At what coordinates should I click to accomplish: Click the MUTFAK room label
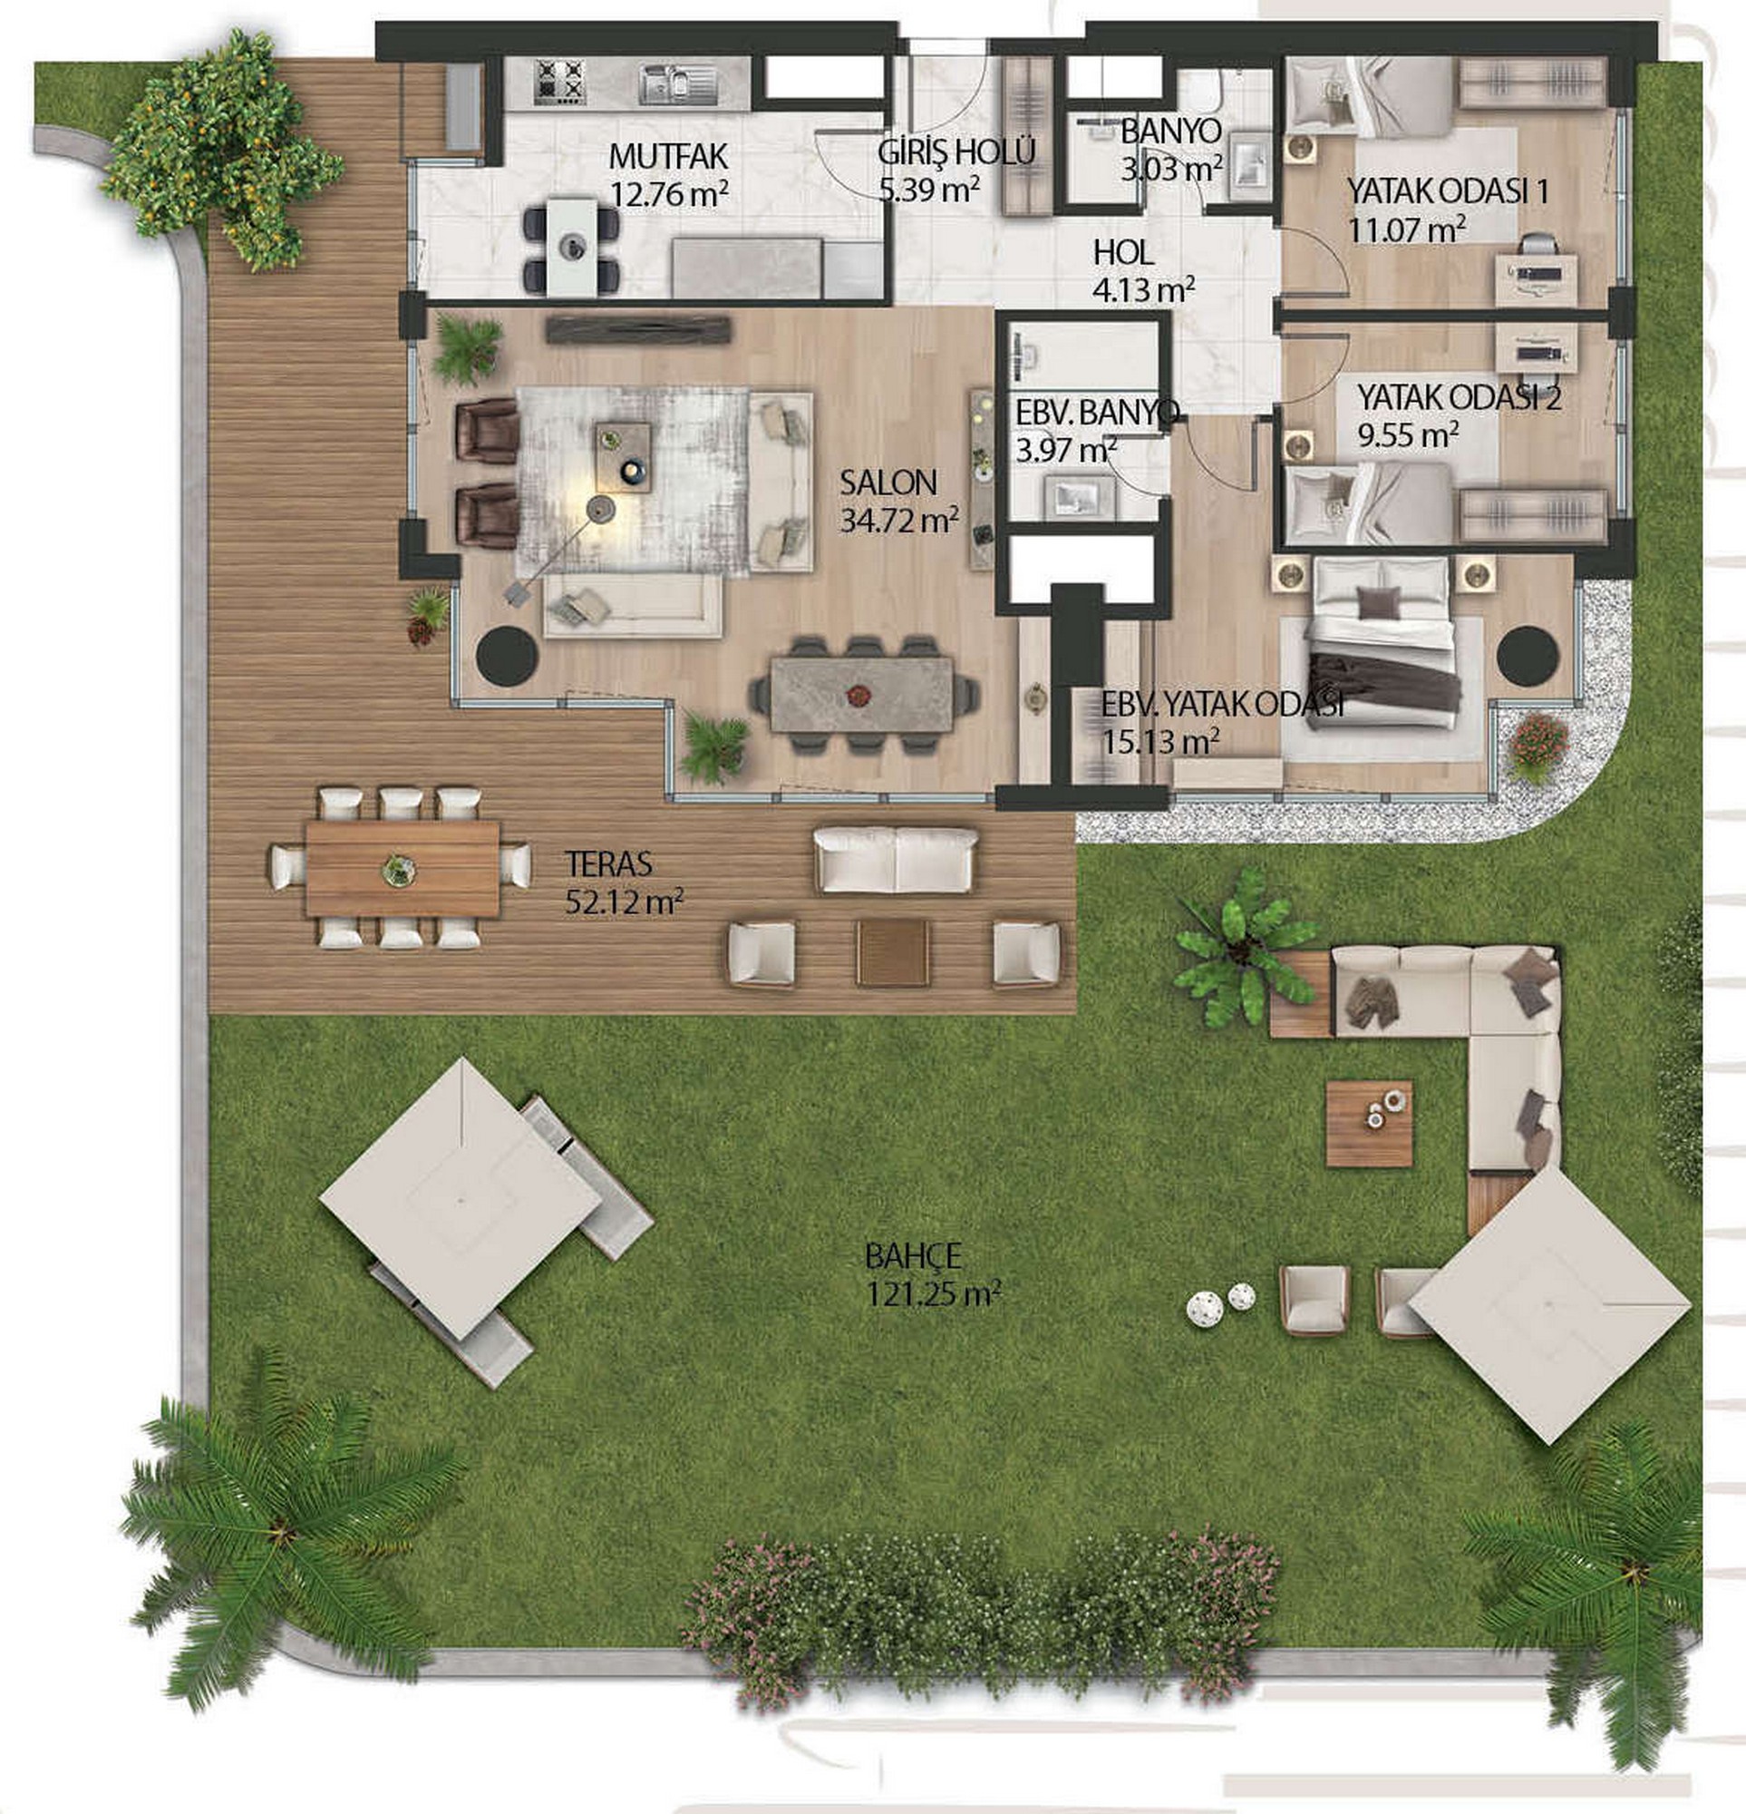[x=668, y=156]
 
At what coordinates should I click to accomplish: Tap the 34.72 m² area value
[x=898, y=521]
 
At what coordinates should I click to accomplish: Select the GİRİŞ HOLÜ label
[x=955, y=151]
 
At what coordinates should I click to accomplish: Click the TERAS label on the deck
[x=609, y=864]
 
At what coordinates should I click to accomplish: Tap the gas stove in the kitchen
[x=560, y=83]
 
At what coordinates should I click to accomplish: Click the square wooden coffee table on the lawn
[x=1369, y=1124]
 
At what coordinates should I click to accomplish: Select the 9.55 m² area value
[x=1408, y=435]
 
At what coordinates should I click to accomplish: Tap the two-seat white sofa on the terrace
[x=895, y=860]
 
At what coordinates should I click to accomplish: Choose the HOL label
[x=1123, y=252]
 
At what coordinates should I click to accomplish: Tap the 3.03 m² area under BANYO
[x=1171, y=171]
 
